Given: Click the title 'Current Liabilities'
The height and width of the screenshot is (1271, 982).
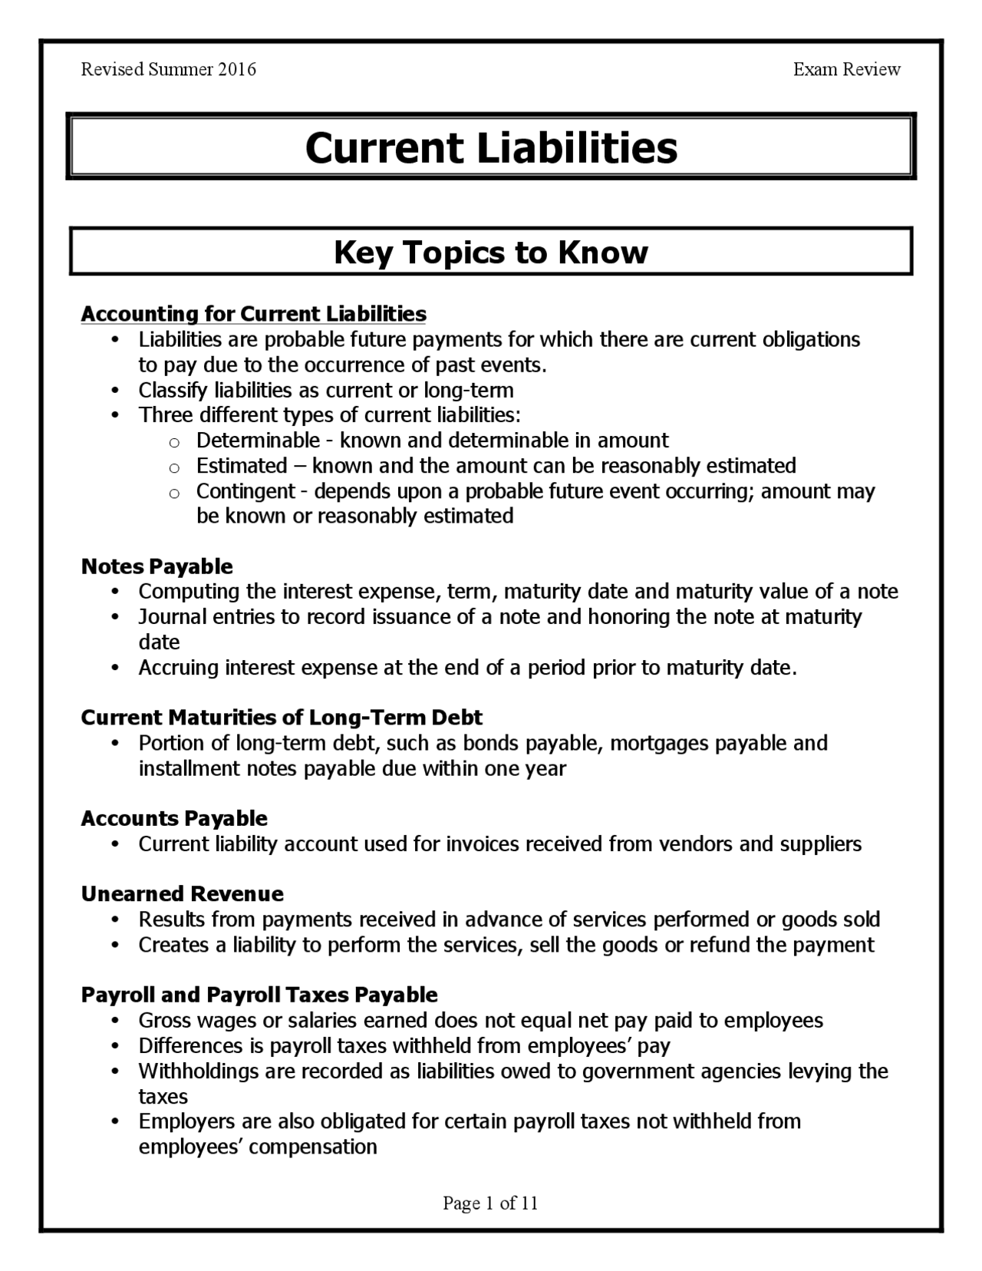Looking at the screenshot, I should [x=491, y=147].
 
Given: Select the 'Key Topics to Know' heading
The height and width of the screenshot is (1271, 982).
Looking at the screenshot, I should [x=491, y=252].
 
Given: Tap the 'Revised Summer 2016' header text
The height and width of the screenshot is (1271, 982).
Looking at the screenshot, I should [x=168, y=70].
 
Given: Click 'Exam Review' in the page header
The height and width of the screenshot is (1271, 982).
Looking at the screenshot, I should [x=846, y=70].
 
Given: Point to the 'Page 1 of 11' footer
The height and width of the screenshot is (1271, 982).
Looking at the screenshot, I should [x=490, y=1203].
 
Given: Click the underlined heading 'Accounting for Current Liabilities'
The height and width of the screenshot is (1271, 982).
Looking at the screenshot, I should [x=253, y=314].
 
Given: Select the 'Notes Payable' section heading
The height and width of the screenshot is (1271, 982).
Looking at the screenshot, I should [x=157, y=566].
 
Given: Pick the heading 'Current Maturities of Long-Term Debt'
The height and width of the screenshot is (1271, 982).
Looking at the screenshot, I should [x=282, y=718].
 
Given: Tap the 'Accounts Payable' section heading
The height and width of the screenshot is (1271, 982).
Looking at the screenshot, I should [x=174, y=818].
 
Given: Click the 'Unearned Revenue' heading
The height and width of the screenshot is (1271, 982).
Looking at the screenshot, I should [x=182, y=894].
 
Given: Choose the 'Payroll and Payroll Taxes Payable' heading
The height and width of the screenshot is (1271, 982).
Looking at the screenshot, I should [x=259, y=995].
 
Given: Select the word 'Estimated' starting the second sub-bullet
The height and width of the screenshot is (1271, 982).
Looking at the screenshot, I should [x=241, y=466].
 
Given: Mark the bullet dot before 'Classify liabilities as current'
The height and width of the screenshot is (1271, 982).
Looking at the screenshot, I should [x=115, y=391].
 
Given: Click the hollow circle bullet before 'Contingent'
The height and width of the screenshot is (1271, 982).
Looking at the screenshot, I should [x=174, y=493].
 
